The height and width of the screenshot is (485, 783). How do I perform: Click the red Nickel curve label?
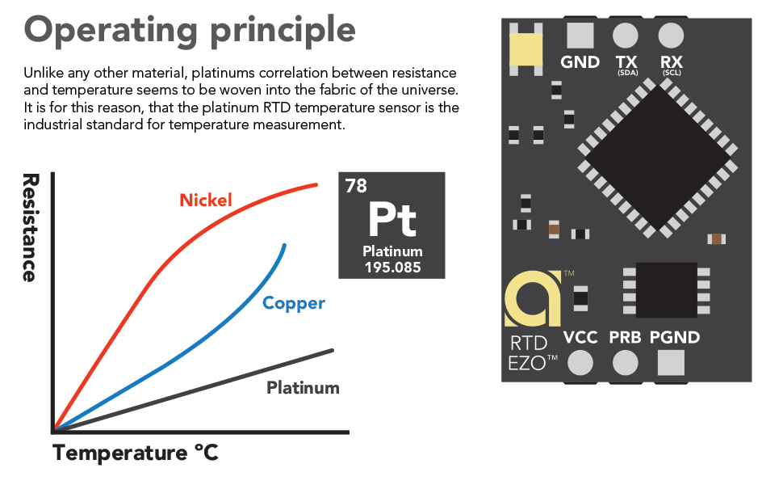coord(206,200)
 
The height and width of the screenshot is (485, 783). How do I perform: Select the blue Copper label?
coord(294,303)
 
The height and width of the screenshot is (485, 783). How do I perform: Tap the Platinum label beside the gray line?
coord(303,387)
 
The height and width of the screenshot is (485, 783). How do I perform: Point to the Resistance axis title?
coord(30,227)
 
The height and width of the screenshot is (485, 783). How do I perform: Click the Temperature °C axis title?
coord(136,453)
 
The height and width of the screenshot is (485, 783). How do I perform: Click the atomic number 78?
coord(356,186)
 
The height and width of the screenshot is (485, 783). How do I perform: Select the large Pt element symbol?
coord(392,218)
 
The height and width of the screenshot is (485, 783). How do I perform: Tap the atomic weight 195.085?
coord(392,268)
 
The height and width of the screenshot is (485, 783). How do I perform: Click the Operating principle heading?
coord(190,30)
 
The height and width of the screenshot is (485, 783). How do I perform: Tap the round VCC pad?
coord(580,364)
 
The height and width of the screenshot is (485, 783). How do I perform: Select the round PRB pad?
coord(626,364)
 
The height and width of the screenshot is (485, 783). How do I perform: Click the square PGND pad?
coord(671,364)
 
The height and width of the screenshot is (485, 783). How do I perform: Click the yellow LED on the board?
coord(526,50)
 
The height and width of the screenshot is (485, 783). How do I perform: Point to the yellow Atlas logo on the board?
coord(530,297)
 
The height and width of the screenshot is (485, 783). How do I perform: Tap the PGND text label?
coord(674,337)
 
